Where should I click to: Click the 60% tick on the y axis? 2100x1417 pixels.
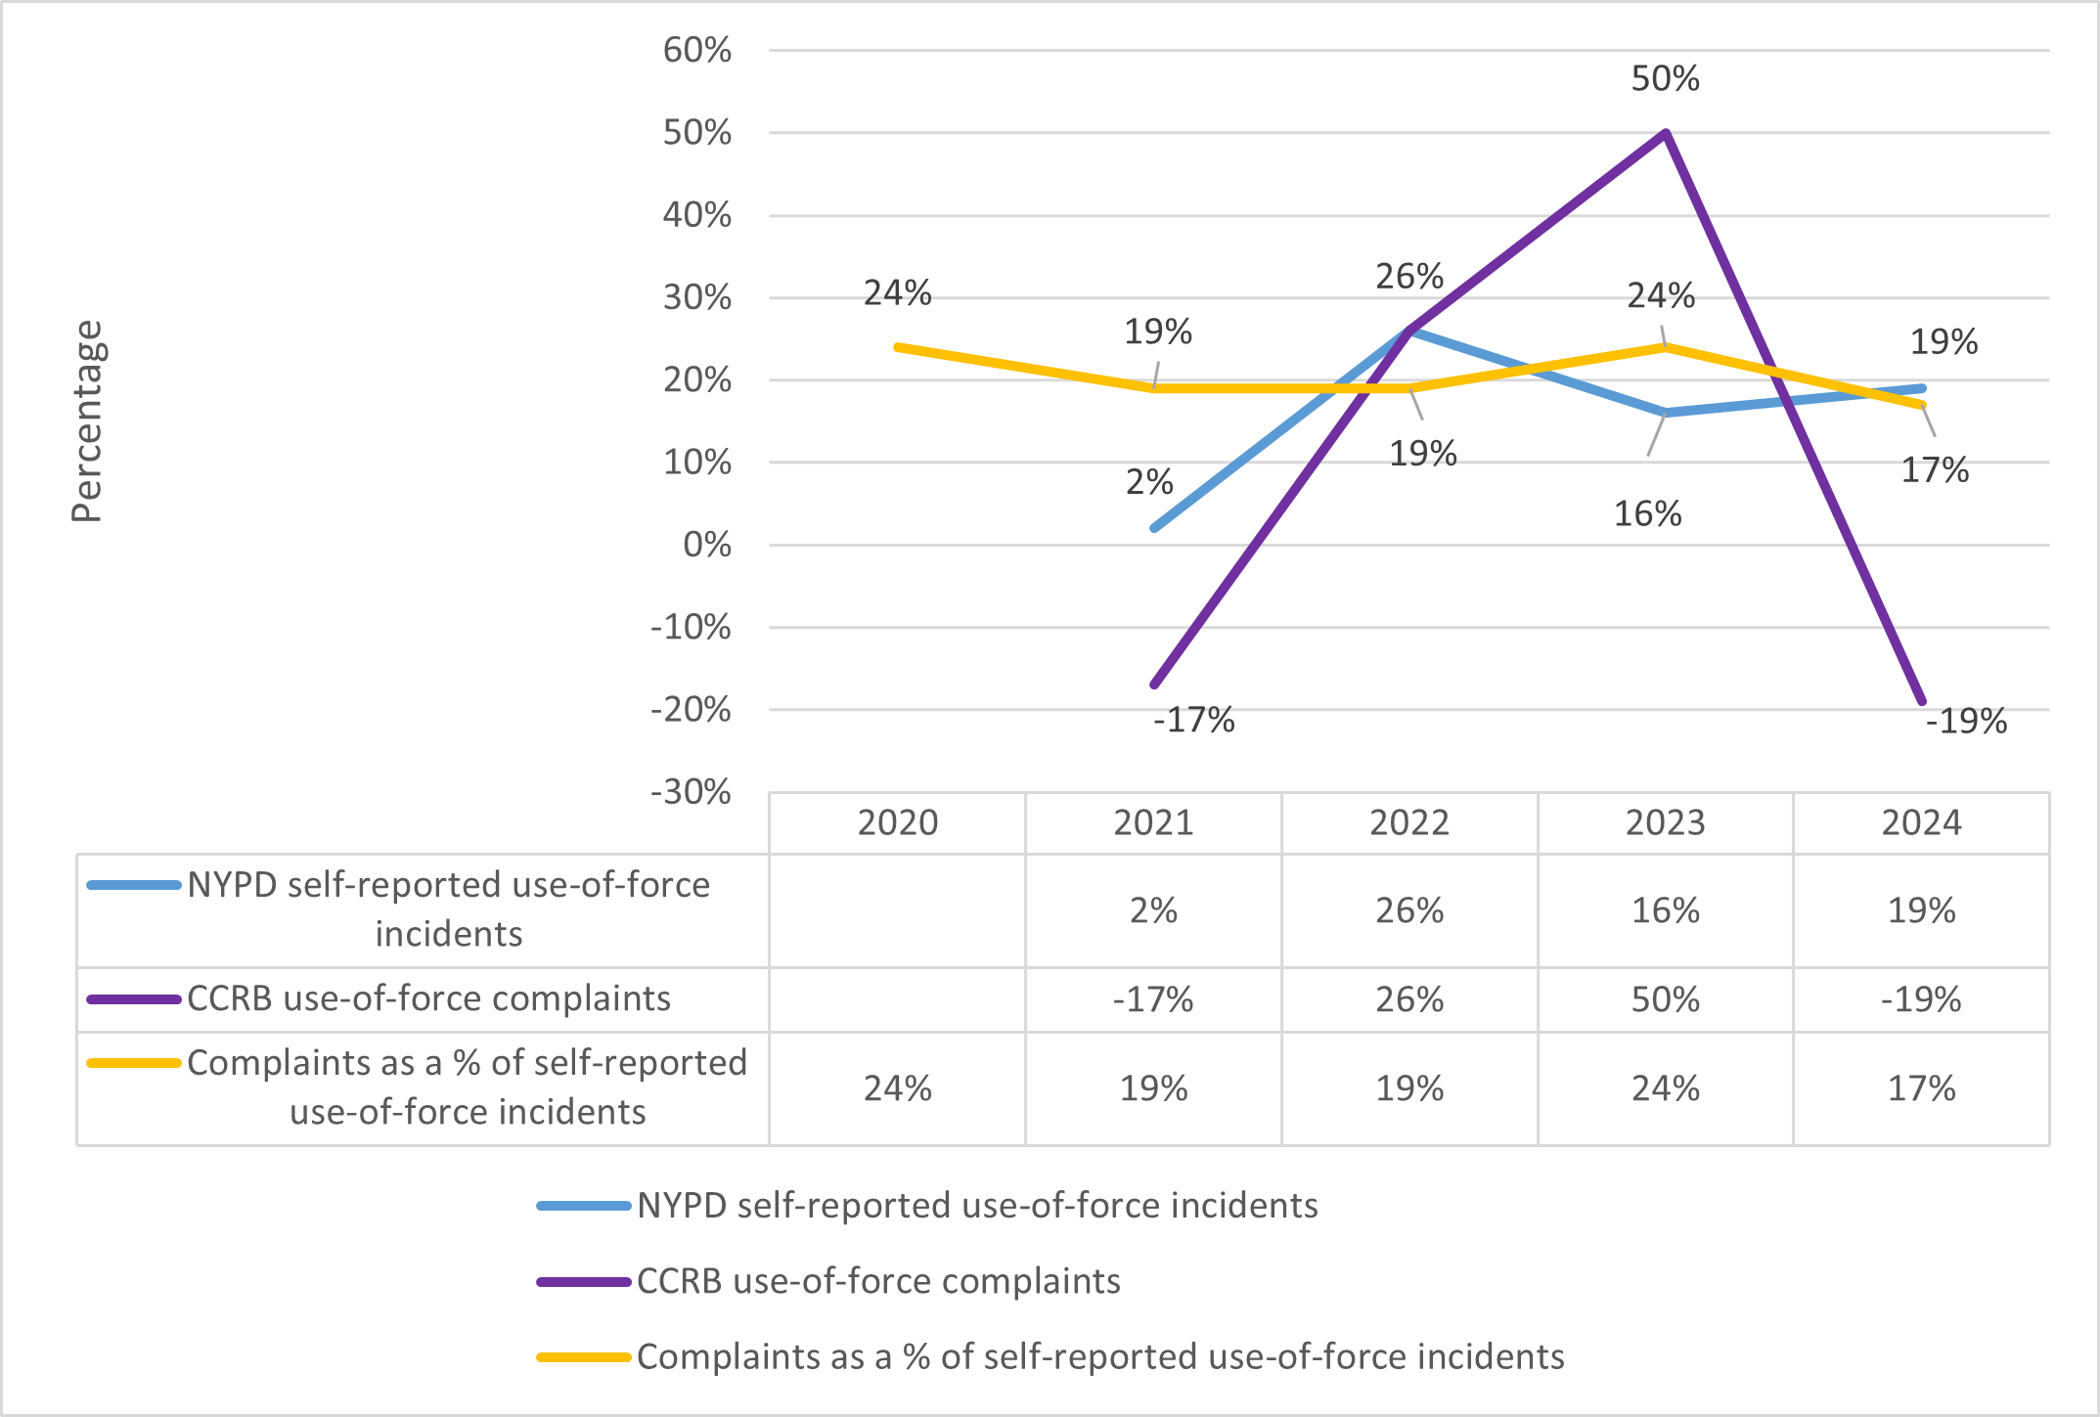pyautogui.click(x=696, y=50)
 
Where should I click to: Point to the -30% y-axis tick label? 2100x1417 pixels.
pyautogui.click(x=691, y=792)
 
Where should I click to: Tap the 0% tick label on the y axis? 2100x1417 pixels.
pyautogui.click(x=707, y=545)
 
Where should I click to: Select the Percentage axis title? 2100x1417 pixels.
pyautogui.click(x=87, y=421)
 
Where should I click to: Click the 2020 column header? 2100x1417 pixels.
pyautogui.click(x=897, y=823)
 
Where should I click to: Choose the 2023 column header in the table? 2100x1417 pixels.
pyautogui.click(x=1665, y=823)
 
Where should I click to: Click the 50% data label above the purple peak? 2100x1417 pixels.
pyautogui.click(x=1665, y=79)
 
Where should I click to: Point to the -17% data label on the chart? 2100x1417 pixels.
pyautogui.click(x=1193, y=721)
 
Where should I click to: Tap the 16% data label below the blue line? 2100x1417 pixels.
pyautogui.click(x=1647, y=514)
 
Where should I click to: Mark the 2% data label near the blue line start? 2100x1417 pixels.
pyautogui.click(x=1149, y=482)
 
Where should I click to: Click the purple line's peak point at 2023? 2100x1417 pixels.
pyautogui.click(x=1665, y=133)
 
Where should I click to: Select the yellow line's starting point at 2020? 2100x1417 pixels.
pyautogui.click(x=898, y=347)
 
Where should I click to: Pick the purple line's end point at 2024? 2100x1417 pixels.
pyautogui.click(x=1922, y=701)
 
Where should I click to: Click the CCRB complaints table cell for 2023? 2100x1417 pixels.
pyautogui.click(x=1665, y=999)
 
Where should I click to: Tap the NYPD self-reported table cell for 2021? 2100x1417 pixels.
pyautogui.click(x=1153, y=911)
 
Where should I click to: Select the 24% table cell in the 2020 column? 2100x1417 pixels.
pyautogui.click(x=897, y=1088)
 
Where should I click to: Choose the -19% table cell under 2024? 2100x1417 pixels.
pyautogui.click(x=1921, y=999)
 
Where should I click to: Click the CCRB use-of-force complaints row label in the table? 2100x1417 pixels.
pyautogui.click(x=428, y=998)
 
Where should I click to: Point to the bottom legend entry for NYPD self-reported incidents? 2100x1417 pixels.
pyautogui.click(x=976, y=1206)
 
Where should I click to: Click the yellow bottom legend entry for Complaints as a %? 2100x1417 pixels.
pyautogui.click(x=1099, y=1357)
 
